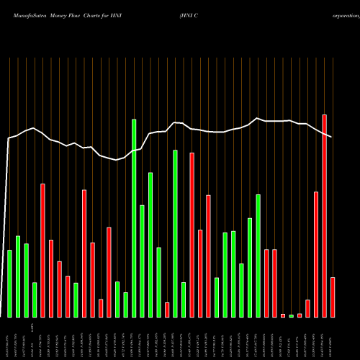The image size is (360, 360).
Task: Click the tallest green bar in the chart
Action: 134,218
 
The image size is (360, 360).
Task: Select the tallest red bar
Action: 325,216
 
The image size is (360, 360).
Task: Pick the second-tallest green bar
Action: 175,233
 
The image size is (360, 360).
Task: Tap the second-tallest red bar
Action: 192,235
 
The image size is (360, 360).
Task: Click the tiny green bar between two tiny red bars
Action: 292,315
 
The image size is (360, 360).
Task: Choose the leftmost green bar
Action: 10,283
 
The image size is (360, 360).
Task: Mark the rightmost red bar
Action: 333,297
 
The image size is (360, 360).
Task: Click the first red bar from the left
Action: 42,250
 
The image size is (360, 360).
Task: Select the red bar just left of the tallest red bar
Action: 316,254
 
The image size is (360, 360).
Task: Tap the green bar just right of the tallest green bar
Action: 142,261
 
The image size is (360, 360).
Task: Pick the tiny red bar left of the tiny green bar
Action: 283,315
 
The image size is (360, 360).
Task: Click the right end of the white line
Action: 332,137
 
